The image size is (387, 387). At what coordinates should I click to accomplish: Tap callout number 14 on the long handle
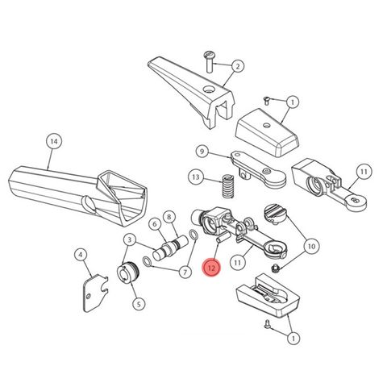pyautogui.click(x=54, y=142)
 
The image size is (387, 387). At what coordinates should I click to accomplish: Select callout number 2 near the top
pyautogui.click(x=239, y=65)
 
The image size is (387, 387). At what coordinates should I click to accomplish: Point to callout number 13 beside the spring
pyautogui.click(x=196, y=177)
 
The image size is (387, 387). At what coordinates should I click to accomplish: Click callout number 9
pyautogui.click(x=202, y=151)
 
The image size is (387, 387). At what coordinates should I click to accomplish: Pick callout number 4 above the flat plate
pyautogui.click(x=80, y=256)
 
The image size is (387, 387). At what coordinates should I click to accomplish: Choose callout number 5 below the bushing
pyautogui.click(x=139, y=304)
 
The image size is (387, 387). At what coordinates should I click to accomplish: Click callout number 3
pyautogui.click(x=128, y=239)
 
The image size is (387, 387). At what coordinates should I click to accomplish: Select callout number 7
pyautogui.click(x=185, y=273)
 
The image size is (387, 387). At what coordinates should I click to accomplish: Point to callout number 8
pyautogui.click(x=169, y=216)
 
